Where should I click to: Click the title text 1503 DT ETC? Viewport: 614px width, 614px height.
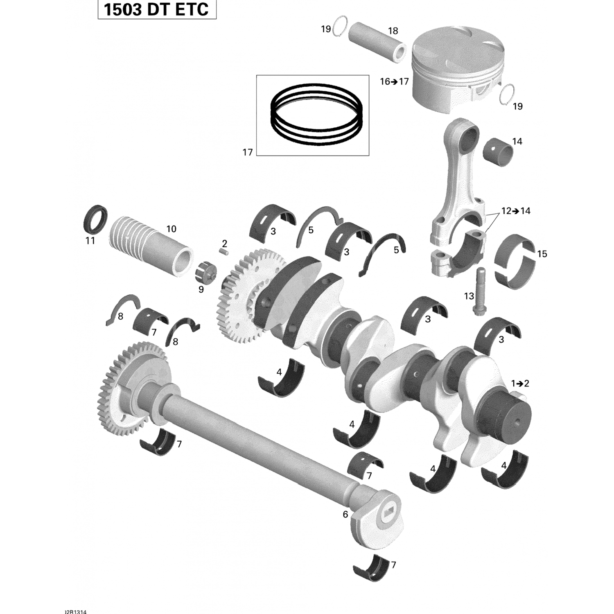tap(156, 9)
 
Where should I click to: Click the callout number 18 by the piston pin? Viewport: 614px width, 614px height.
tap(393, 31)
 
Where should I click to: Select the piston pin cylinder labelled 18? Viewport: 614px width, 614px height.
tap(377, 42)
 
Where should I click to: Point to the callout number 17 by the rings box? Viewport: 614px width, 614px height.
tap(248, 152)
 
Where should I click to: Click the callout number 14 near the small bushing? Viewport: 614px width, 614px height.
tap(517, 141)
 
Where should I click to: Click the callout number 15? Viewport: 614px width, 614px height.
tap(542, 254)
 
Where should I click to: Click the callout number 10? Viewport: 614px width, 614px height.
tap(171, 229)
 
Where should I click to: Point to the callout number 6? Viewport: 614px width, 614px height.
tap(345, 515)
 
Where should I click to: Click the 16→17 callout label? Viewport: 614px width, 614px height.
tap(394, 81)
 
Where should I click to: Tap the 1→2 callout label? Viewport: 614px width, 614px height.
tap(520, 384)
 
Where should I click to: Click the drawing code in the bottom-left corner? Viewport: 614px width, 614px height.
tap(76, 612)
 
